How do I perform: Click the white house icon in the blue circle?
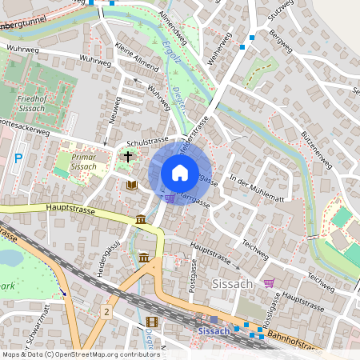(x=180, y=172)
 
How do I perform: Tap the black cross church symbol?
(x=127, y=158)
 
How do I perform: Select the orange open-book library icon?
(x=132, y=185)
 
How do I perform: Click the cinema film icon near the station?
(x=152, y=322)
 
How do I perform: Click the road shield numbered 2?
(x=106, y=310)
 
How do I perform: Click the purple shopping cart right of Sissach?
(x=269, y=282)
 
